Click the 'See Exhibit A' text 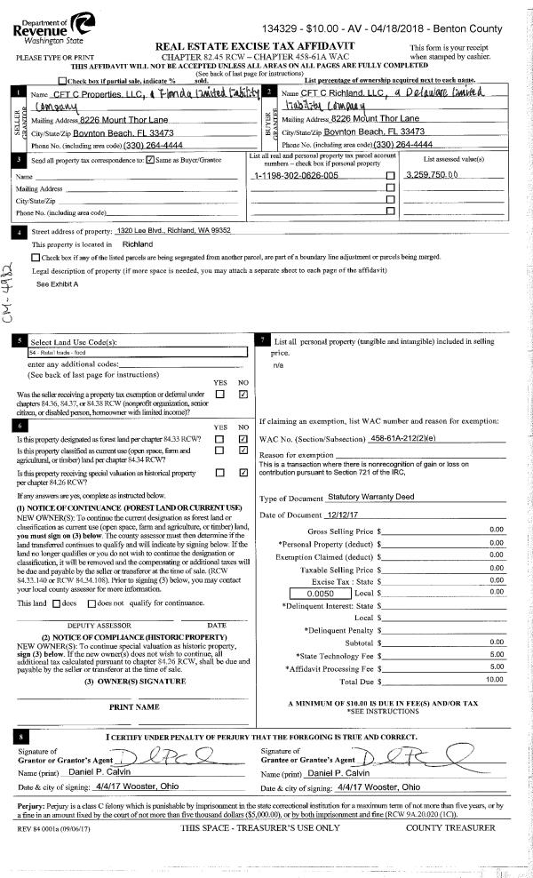(x=57, y=283)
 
